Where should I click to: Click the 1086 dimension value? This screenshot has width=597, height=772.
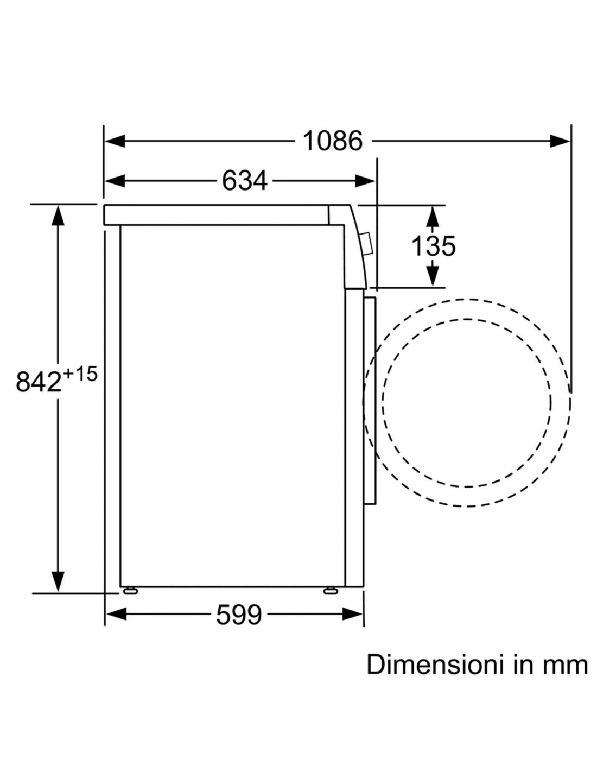[x=332, y=141]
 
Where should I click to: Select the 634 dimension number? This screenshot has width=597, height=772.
[x=244, y=180]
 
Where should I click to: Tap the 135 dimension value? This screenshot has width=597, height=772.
[x=433, y=245]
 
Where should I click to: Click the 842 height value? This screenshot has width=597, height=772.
[x=39, y=382]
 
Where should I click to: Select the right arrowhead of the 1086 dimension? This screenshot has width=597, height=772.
[x=560, y=141]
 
